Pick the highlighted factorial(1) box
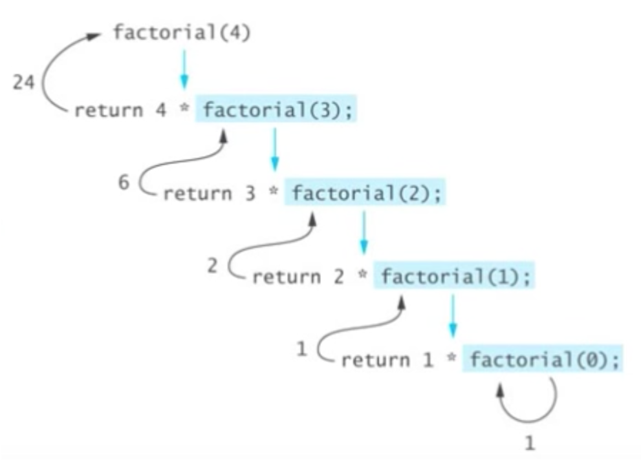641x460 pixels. coord(455,277)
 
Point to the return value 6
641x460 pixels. coord(124,183)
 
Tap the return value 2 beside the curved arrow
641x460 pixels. coord(213,266)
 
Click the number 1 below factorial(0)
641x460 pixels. coord(530,443)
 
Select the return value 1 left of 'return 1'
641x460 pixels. coord(301,349)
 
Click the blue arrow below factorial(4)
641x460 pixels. coord(184,69)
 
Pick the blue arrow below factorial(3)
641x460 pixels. coord(274,151)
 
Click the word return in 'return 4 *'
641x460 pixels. coord(108,110)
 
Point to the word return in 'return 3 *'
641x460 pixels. coord(197,193)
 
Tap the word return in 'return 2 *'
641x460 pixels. coord(286,277)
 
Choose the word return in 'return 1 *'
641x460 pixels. coord(375,360)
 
